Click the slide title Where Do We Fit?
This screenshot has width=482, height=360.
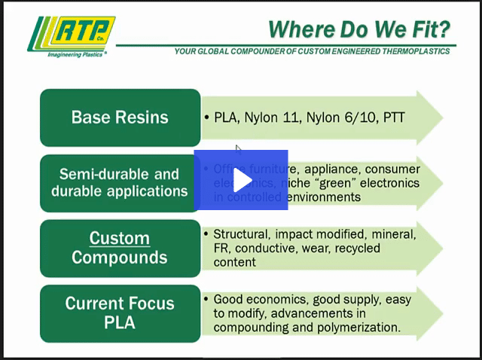[359, 29]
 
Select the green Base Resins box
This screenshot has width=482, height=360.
[120, 117]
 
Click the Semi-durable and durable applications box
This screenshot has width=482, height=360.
[120, 182]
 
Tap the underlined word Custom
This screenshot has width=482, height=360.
[119, 239]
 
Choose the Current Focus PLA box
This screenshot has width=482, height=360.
[120, 313]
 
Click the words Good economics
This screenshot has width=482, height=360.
[260, 299]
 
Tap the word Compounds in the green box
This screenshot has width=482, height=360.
[119, 258]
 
